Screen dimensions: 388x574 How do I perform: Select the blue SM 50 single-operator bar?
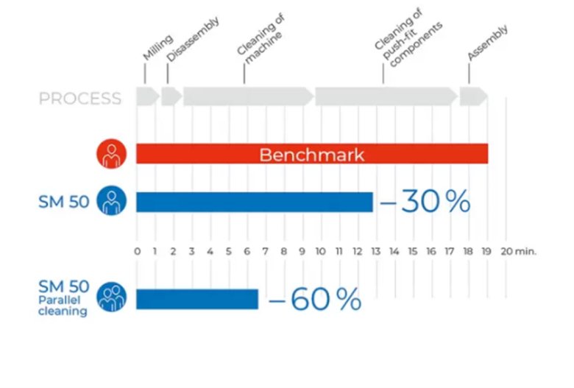pos(255,202)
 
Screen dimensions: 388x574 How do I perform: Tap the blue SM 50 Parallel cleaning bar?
pos(197,300)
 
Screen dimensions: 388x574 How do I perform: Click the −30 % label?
pos(425,201)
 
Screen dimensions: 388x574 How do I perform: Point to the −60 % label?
pos(315,299)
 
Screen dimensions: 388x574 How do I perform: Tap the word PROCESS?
pos(80,98)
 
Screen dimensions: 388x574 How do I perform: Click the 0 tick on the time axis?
pos(137,252)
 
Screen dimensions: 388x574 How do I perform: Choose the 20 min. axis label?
pos(518,252)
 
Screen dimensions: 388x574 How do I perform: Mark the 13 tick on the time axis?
pos(376,252)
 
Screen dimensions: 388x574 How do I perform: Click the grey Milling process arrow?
pos(146,96)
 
